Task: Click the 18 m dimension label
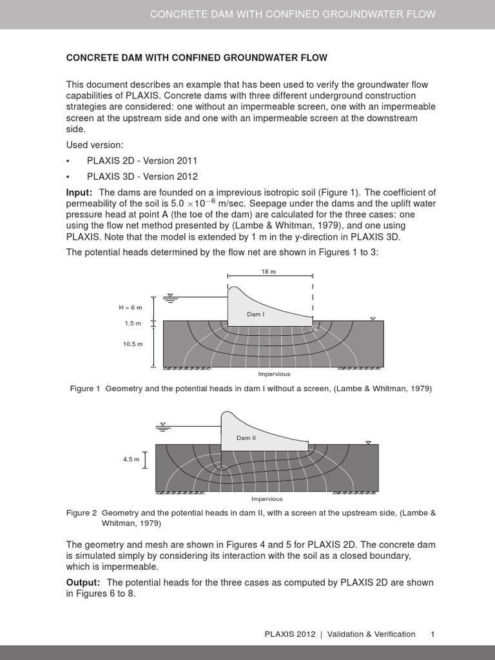coord(269,272)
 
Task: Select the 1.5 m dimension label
coord(133,324)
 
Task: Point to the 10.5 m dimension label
coord(132,344)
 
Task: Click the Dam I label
coord(255,314)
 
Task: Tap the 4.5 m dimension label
coord(131,459)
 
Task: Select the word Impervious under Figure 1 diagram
coord(274,374)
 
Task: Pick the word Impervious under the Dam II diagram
coord(266,498)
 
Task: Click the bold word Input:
coord(80,192)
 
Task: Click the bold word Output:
coord(83,582)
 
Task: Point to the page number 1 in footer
coord(433,634)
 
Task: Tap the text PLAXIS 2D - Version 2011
coord(142,160)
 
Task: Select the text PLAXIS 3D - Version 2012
coord(142,176)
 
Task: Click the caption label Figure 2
coord(82,513)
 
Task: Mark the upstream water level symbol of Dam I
coord(170,296)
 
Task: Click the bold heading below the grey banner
coord(197,57)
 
